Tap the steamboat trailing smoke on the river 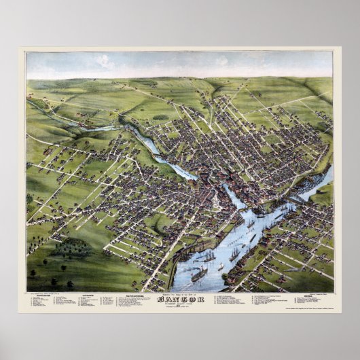200,274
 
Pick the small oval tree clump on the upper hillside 160,117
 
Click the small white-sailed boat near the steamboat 221,267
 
